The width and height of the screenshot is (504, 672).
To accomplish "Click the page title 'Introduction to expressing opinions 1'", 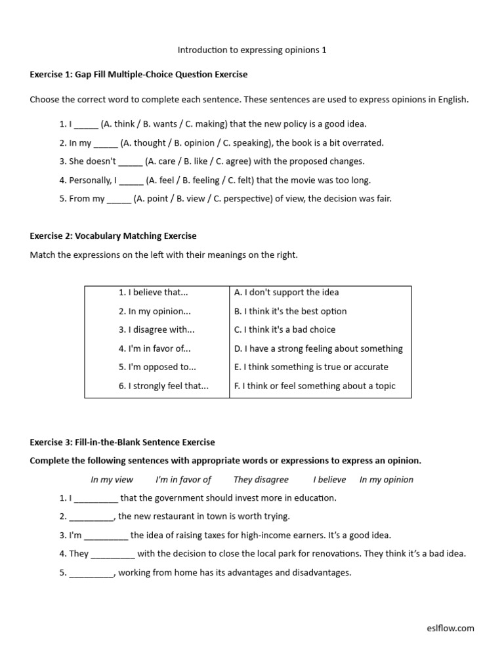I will [252, 50].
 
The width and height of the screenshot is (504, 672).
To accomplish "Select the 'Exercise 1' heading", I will [138, 75].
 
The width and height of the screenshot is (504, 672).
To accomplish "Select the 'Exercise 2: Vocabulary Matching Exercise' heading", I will [113, 236].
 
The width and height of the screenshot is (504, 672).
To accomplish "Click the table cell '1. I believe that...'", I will [154, 293].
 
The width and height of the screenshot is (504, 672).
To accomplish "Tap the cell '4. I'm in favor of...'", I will [155, 349].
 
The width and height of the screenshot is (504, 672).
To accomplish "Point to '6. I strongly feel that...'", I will [163, 387].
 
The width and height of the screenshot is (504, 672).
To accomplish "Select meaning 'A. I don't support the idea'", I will [287, 293].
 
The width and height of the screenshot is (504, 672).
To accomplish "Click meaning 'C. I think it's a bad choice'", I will [285, 330].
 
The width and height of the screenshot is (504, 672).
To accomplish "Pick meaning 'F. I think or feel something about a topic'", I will [315, 387].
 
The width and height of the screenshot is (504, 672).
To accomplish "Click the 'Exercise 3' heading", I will [122, 442].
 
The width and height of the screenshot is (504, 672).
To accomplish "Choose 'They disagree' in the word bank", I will [261, 480].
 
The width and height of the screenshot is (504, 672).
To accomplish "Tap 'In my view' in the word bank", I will [112, 480].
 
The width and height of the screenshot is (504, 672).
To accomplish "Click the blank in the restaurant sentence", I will [91, 517].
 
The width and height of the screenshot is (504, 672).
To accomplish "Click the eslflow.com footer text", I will [450, 629].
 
